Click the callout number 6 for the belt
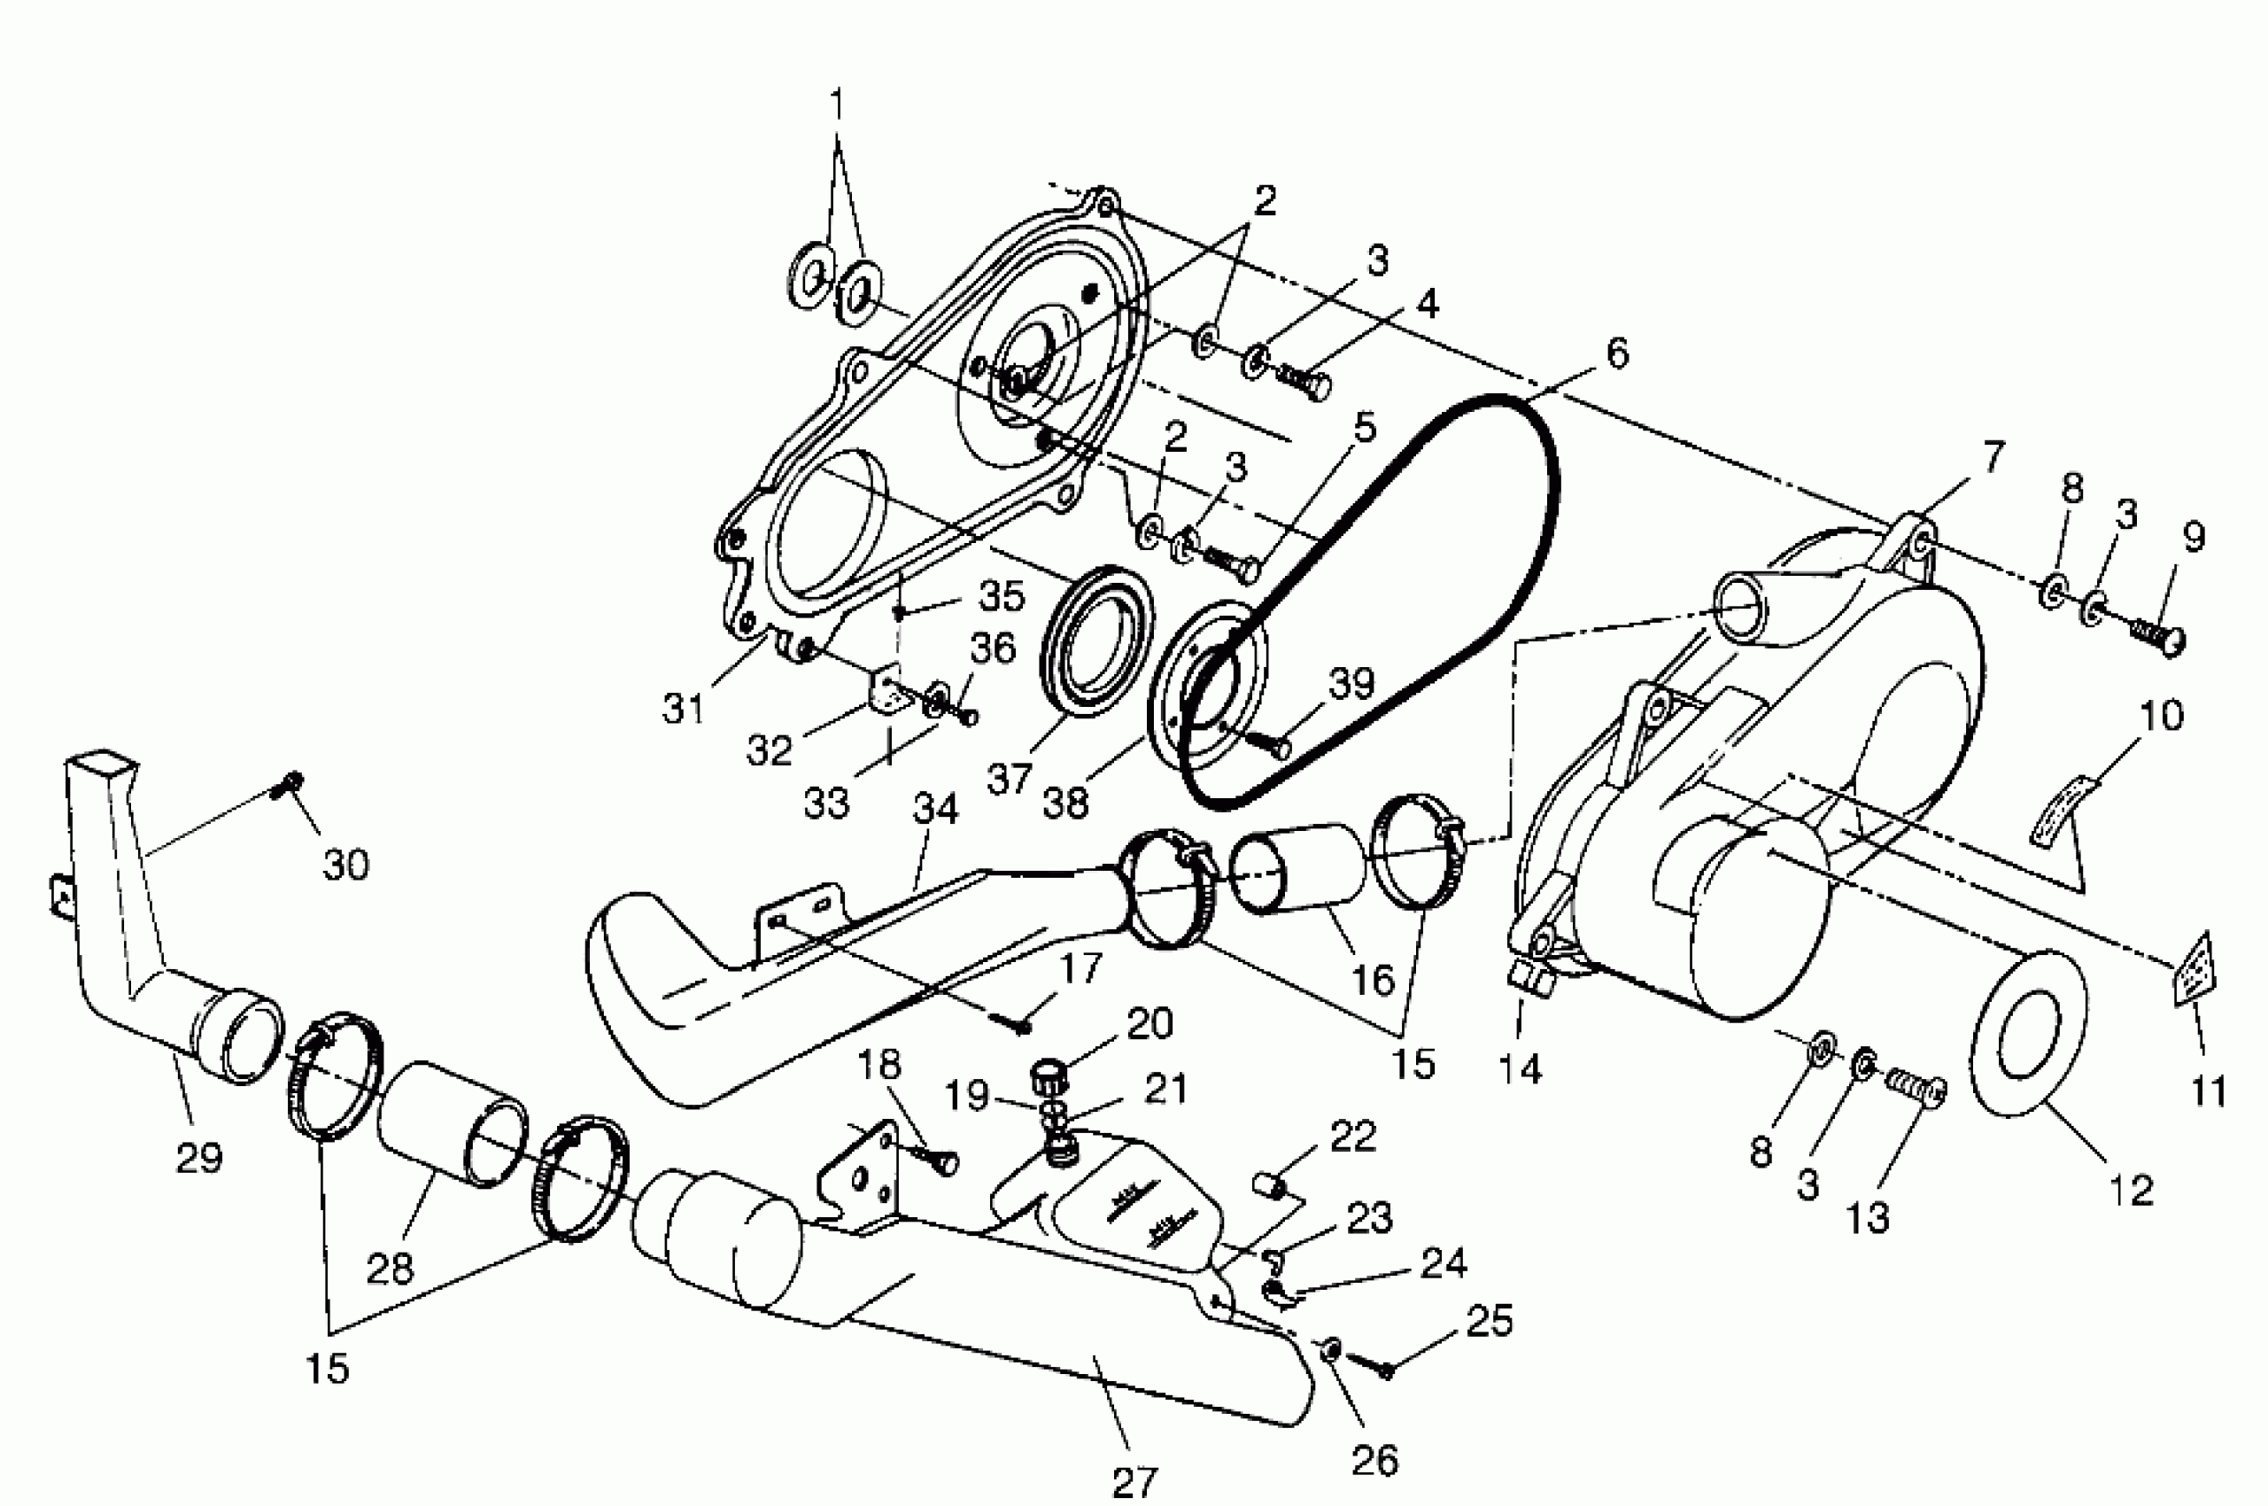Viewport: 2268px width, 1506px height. (x=1617, y=354)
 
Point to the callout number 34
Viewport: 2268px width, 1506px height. (x=935, y=810)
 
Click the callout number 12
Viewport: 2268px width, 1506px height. (x=2131, y=1191)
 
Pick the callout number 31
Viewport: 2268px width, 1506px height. (x=684, y=709)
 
